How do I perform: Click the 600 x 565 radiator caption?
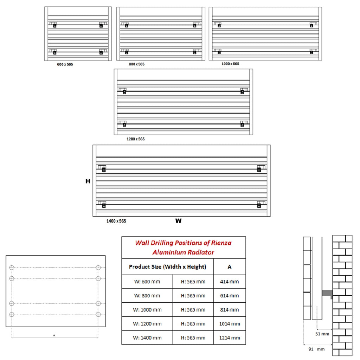click(x=65, y=65)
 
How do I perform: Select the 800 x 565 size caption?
click(x=137, y=64)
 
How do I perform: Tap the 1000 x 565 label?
click(x=230, y=64)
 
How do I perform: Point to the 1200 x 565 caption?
click(x=136, y=139)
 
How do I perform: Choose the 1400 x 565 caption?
click(x=116, y=221)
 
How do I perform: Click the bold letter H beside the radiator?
click(x=88, y=181)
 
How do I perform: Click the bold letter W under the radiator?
click(x=178, y=221)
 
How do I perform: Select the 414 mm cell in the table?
click(x=229, y=282)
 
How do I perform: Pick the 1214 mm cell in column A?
click(x=230, y=338)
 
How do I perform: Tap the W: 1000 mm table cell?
click(x=147, y=310)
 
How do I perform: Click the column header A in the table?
click(x=229, y=267)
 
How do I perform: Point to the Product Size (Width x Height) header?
click(x=168, y=267)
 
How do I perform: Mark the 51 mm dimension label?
click(x=322, y=334)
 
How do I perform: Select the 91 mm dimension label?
click(x=316, y=349)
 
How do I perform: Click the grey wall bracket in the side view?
click(x=327, y=294)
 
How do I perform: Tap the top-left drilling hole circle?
click(x=12, y=268)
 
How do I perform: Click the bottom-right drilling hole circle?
click(x=98, y=314)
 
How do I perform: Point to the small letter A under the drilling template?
click(x=54, y=335)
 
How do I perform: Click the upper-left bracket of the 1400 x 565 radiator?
click(x=102, y=168)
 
